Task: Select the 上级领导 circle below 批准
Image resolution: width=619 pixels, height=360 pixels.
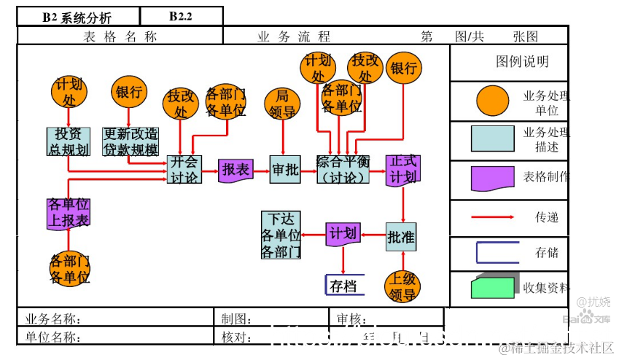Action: click(402, 286)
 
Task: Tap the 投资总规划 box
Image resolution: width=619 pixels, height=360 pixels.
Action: click(69, 141)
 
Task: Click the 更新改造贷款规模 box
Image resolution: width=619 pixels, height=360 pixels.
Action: click(131, 141)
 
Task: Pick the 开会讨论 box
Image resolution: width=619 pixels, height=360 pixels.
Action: click(184, 170)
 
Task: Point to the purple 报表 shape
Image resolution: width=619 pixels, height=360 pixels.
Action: click(235, 170)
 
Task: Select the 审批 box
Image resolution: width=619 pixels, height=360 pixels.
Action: click(285, 170)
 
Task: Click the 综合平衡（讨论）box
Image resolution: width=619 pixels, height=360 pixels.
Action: click(343, 170)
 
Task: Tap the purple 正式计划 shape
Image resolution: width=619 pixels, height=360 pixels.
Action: click(402, 170)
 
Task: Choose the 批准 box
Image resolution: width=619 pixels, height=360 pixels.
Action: click(401, 236)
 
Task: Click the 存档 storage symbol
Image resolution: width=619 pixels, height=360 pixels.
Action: click(343, 285)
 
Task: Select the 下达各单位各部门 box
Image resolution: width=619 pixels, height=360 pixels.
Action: click(281, 235)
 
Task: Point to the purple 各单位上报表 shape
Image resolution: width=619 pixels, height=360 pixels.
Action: click(69, 212)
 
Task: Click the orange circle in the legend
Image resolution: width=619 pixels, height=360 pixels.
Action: click(492, 101)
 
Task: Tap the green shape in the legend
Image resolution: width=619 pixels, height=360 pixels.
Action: click(492, 287)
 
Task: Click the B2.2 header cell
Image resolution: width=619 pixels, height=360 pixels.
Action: click(180, 17)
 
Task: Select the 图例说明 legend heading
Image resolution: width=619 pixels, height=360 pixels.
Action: click(522, 63)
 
